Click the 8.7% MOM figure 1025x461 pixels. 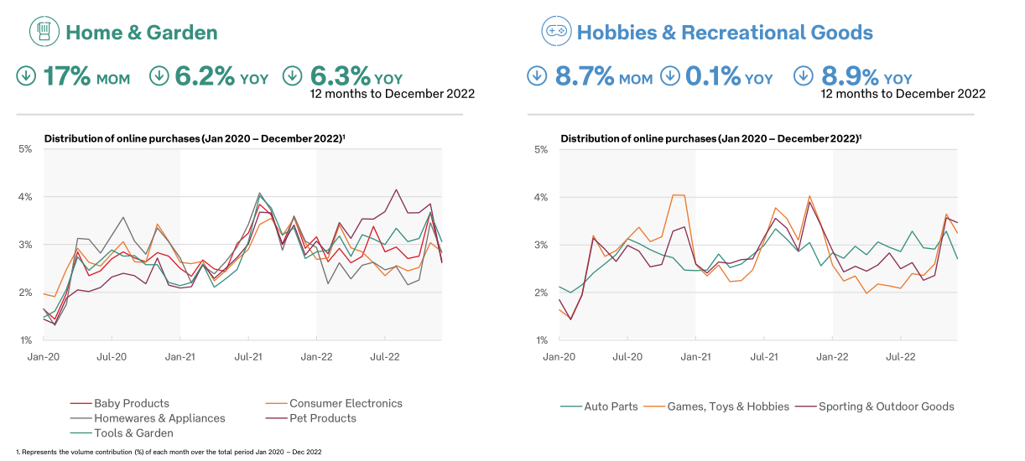(x=602, y=76)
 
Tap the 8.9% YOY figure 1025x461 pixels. (x=866, y=76)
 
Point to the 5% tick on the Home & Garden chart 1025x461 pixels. (x=25, y=149)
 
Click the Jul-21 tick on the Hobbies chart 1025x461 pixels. (x=763, y=356)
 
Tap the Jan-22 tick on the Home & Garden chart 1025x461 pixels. (x=316, y=356)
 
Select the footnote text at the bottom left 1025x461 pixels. (x=168, y=452)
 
